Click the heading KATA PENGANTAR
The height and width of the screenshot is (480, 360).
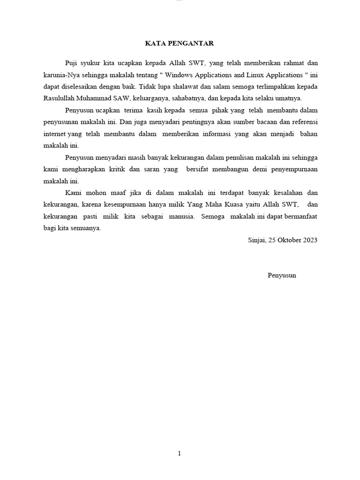180,44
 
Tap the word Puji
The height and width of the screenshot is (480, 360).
72,63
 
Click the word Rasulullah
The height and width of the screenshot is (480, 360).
60,98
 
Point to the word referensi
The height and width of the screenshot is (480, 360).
304,122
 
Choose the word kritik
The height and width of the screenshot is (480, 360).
101,169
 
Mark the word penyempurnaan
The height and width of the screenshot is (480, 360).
293,169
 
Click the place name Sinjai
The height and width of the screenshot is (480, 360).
256,240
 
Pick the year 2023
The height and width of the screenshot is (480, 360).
310,240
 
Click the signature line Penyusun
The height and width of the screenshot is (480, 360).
282,275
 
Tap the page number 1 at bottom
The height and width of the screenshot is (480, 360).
180,453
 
